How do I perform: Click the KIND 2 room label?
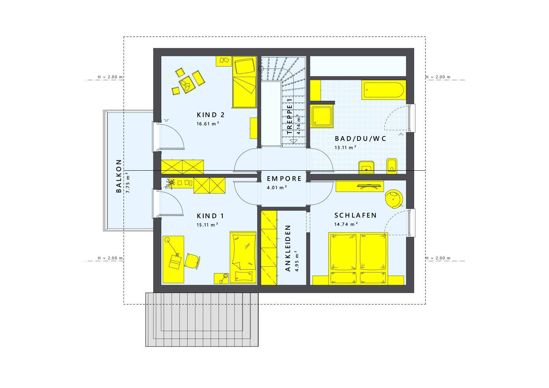(x=211, y=115)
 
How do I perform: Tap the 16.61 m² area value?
(x=208, y=124)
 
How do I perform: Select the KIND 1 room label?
(x=210, y=216)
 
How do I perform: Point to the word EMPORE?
(x=284, y=179)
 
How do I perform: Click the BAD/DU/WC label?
(x=360, y=138)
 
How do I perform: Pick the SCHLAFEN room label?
(x=355, y=215)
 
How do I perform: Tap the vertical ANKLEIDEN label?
(x=288, y=248)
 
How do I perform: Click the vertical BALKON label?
(x=119, y=176)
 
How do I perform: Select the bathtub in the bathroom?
(x=384, y=90)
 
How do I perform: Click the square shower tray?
(x=322, y=116)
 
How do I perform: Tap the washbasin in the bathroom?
(x=366, y=167)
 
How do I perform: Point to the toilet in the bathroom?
(x=392, y=166)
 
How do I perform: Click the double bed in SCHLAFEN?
(x=358, y=259)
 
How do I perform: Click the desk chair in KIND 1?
(x=192, y=262)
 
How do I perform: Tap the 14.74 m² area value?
(x=346, y=224)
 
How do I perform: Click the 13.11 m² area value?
(x=346, y=148)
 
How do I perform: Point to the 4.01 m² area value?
(x=277, y=188)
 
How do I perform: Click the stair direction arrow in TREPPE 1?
(x=293, y=141)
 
